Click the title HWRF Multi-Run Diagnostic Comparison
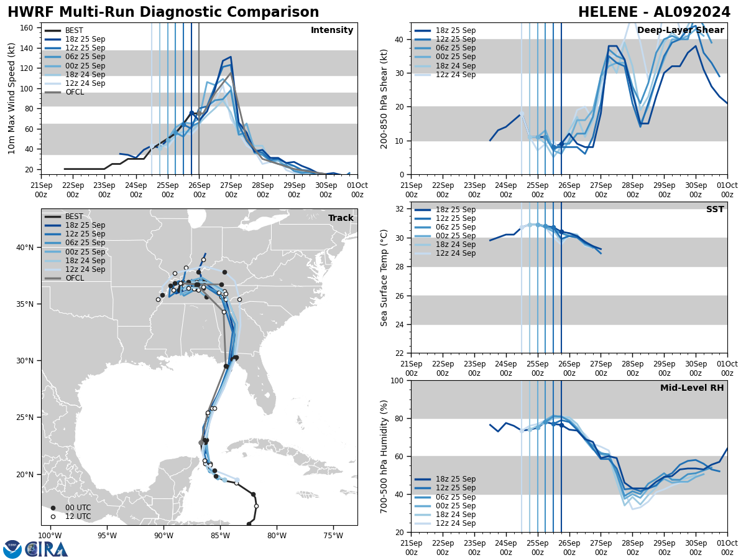(163, 12)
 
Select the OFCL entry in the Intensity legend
(74, 92)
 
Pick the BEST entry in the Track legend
(74, 217)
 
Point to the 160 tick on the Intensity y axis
(29, 28)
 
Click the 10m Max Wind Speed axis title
(12, 98)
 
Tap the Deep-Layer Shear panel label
(680, 30)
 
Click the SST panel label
(714, 210)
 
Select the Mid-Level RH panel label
(692, 388)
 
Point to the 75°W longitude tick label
(333, 535)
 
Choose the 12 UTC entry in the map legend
(78, 516)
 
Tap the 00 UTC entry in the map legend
(78, 508)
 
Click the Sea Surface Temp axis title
(384, 278)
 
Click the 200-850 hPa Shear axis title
(384, 98)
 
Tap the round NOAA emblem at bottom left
(12, 549)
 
